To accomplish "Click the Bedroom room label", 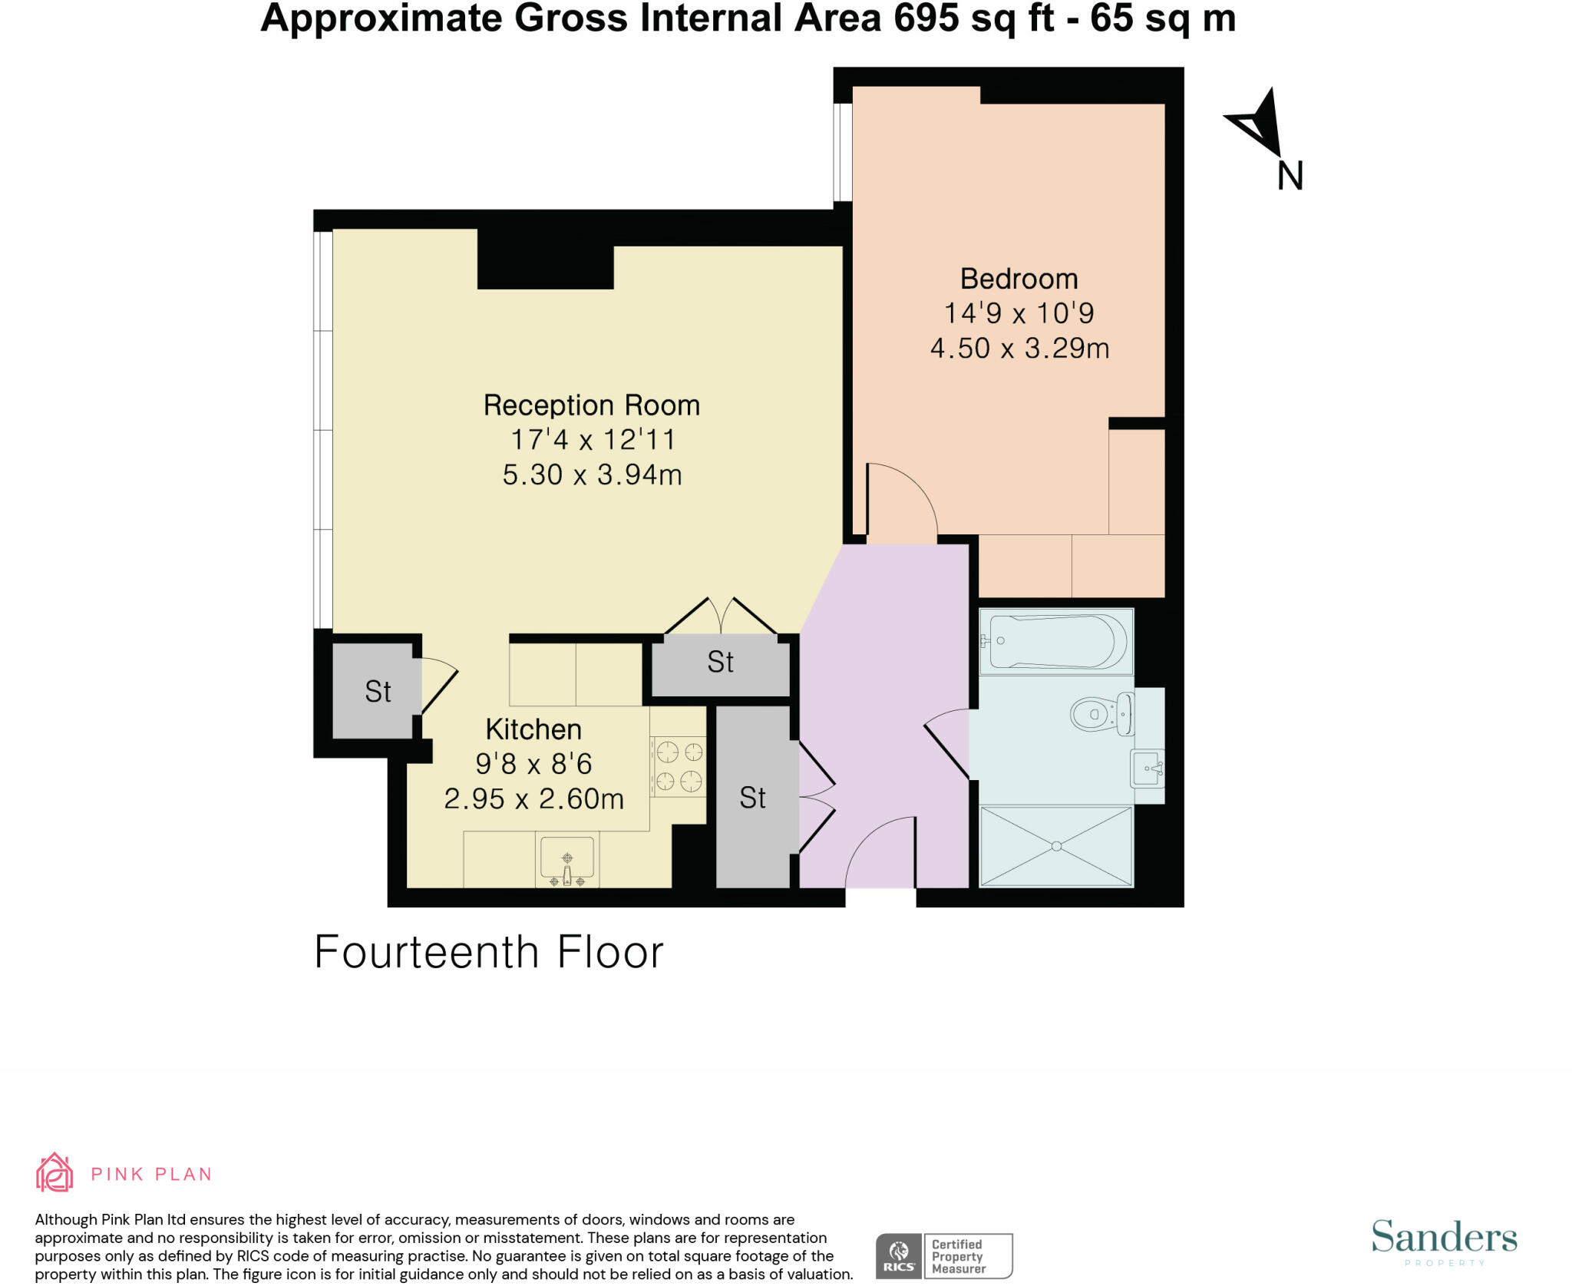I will pos(1019,279).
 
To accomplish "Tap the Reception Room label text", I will pos(591,405).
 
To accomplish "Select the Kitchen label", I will pos(533,729).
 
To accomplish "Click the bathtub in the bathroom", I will pos(1056,641).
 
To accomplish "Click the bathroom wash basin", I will pos(1147,769).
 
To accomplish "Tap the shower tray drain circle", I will pos(1056,846).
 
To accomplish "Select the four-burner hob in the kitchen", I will pos(679,765).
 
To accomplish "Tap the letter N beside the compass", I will pos(1290,176).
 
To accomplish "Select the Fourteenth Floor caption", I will pos(489,953).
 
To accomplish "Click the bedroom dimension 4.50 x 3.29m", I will pos(1019,349).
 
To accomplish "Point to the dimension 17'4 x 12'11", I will pos(593,440).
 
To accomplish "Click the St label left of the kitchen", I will pos(378,692).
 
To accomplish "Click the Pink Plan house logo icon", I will pos(54,1172).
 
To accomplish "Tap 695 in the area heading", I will pos(926,18).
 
